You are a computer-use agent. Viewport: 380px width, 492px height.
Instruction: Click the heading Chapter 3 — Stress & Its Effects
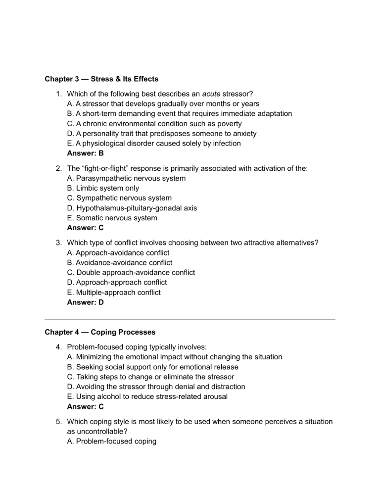tap(101, 79)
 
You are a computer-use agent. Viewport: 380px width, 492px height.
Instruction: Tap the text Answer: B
tap(85, 153)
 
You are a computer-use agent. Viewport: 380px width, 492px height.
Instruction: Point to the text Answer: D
tap(85, 302)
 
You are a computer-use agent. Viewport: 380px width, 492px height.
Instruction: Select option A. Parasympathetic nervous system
tap(126, 178)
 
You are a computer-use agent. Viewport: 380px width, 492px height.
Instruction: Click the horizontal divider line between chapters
tap(190, 319)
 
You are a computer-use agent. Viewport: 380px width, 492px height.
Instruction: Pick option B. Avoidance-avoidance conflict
tap(119, 262)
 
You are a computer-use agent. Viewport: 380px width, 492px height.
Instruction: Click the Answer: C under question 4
tap(85, 406)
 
